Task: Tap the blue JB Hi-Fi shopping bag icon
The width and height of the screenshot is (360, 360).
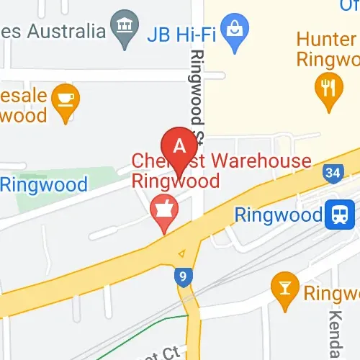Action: [234, 32]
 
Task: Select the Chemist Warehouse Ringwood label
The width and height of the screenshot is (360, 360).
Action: [221, 171]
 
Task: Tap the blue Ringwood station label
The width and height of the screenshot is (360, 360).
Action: [279, 215]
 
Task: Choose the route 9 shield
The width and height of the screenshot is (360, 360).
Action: [184, 276]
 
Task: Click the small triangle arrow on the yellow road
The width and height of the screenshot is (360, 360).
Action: [181, 253]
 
